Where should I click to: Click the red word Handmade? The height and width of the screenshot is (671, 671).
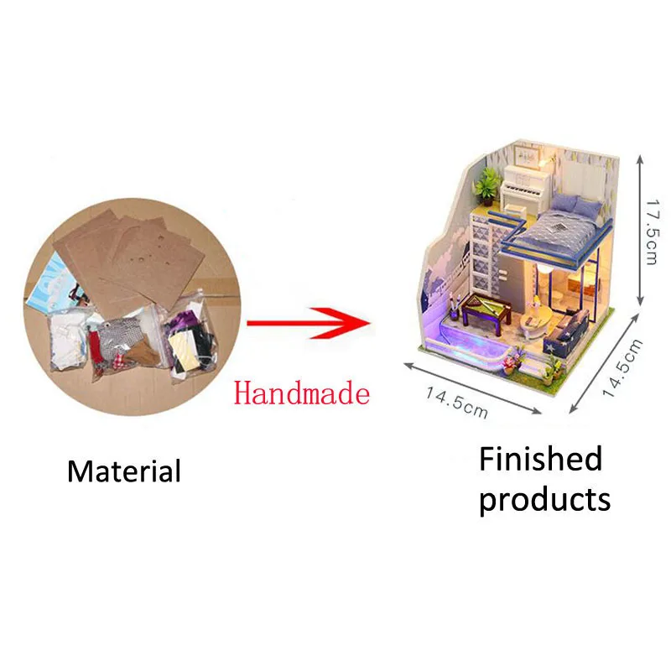click(x=302, y=393)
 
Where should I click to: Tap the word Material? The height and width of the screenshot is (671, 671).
click(x=124, y=471)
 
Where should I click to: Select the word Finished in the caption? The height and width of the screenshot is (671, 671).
click(x=541, y=458)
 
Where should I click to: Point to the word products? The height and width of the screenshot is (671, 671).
click(x=544, y=500)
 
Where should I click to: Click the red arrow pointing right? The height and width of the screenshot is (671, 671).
click(x=309, y=323)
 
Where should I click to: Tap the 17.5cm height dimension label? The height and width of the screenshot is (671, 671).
click(x=653, y=231)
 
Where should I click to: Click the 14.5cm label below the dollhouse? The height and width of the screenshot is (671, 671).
click(x=456, y=403)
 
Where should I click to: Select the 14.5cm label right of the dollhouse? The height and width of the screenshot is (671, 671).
click(x=622, y=367)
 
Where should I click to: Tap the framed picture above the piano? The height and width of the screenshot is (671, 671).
click(x=527, y=155)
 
